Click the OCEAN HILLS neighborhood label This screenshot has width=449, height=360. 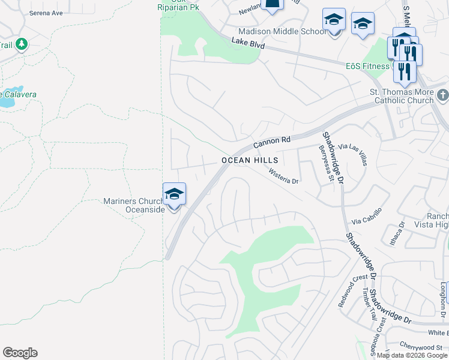[250, 160]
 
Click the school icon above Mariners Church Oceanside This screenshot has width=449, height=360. [175, 194]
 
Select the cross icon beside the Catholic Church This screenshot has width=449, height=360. [442, 95]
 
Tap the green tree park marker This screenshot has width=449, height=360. [22, 44]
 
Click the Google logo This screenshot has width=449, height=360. [20, 353]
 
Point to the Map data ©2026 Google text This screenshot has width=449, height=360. [411, 355]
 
